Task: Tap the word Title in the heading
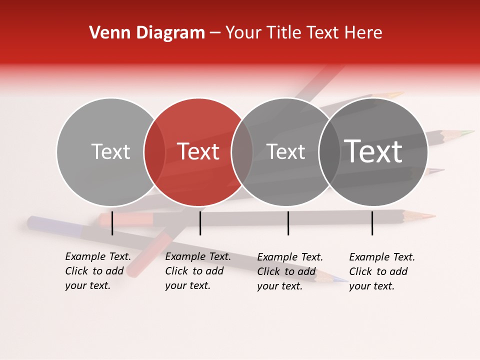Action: click(284, 33)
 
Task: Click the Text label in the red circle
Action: click(198, 151)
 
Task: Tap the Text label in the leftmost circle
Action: click(110, 151)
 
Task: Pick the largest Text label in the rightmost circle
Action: click(373, 151)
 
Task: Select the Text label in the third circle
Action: click(285, 151)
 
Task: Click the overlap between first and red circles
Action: click(154, 152)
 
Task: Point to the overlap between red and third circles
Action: click(242, 152)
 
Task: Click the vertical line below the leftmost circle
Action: click(112, 223)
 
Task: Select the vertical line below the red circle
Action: click(200, 223)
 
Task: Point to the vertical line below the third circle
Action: click(288, 223)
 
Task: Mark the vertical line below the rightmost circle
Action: click(372, 223)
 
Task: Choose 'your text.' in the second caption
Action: click(187, 285)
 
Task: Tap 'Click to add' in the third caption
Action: click(286, 271)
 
